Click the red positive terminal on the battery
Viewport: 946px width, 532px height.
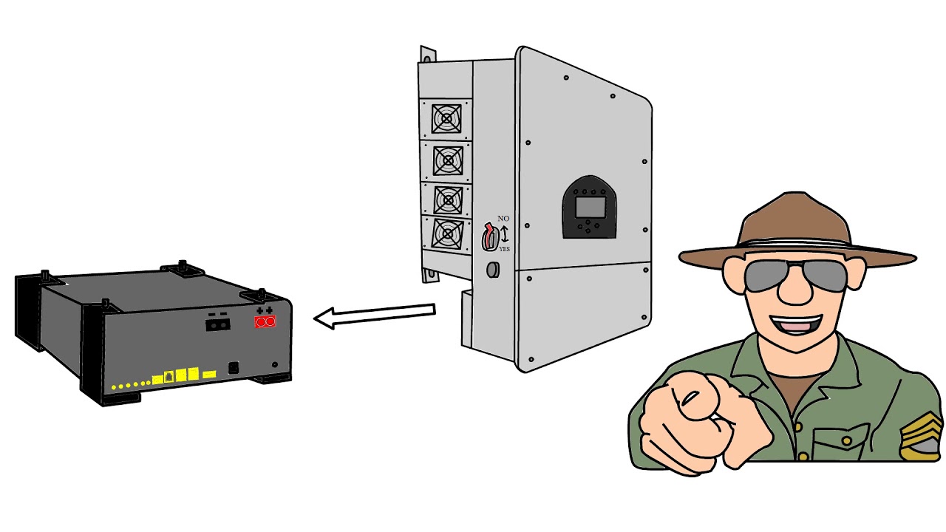(x=265, y=322)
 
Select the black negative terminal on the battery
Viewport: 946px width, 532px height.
(x=218, y=324)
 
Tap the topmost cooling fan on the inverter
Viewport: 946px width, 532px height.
(x=446, y=119)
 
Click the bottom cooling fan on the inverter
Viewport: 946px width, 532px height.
(x=448, y=233)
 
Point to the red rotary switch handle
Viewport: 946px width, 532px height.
(x=489, y=236)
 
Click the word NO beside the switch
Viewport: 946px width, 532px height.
(x=503, y=218)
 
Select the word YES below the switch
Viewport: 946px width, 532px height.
(x=504, y=249)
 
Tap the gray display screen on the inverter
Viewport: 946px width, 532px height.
(x=590, y=208)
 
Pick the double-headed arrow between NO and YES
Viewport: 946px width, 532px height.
(x=504, y=234)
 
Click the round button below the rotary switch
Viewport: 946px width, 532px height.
(x=493, y=270)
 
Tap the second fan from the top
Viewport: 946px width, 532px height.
(x=448, y=161)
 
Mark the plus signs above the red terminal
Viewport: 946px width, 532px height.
(x=265, y=311)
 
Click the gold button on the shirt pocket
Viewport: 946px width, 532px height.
(x=846, y=441)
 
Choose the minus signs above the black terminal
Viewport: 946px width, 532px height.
(x=217, y=314)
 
